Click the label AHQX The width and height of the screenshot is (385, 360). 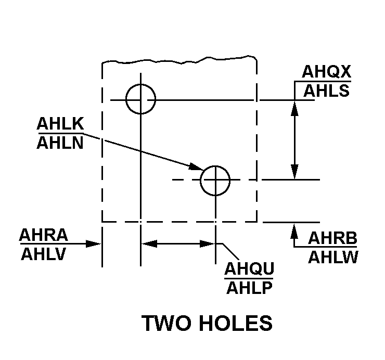(x=326, y=72)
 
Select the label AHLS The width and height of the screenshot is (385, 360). (x=327, y=91)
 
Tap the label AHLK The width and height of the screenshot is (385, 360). (x=60, y=123)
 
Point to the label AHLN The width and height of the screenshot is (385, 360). (x=60, y=143)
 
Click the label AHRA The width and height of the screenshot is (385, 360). (x=44, y=235)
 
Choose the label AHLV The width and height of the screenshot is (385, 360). (x=44, y=254)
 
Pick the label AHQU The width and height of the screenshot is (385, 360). (x=249, y=268)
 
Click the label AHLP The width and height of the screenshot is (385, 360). (x=249, y=288)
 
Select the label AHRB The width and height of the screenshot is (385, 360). (x=332, y=238)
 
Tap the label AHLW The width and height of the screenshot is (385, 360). (x=333, y=257)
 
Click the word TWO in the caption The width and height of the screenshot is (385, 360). (x=166, y=323)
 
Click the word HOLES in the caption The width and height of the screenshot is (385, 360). (x=236, y=323)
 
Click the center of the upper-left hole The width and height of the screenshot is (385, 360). (x=140, y=100)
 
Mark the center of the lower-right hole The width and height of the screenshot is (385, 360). (x=215, y=180)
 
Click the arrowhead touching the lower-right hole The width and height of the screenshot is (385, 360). (x=197, y=167)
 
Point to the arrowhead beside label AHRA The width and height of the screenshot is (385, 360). (x=93, y=244)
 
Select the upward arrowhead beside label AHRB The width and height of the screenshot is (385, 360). (x=294, y=231)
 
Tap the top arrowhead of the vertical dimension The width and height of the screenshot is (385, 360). (x=294, y=108)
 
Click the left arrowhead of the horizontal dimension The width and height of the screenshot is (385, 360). (x=149, y=244)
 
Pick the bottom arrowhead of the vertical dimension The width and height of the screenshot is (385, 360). (x=294, y=171)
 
